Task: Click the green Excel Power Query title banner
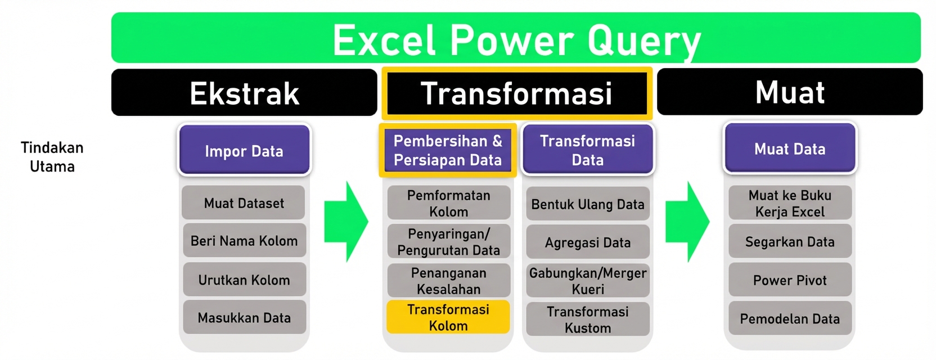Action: click(x=515, y=38)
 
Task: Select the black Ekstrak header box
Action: click(x=244, y=93)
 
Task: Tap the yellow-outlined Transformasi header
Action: click(x=516, y=93)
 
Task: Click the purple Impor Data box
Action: click(x=244, y=151)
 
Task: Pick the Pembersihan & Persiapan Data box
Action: click(x=448, y=150)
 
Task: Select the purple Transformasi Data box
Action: click(x=587, y=150)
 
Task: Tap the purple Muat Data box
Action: click(x=789, y=149)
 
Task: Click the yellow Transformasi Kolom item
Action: click(x=448, y=317)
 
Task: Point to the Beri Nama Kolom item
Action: click(x=244, y=241)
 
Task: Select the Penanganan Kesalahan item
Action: click(x=448, y=281)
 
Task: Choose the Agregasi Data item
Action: click(x=587, y=242)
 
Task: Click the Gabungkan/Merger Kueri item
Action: click(x=587, y=281)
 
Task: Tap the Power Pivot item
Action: click(x=789, y=280)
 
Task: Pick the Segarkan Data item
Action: click(x=789, y=242)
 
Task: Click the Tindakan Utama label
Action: click(x=52, y=157)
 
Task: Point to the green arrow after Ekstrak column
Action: click(x=345, y=222)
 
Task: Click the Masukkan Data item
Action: click(x=244, y=318)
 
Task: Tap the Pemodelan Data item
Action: click(x=789, y=319)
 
